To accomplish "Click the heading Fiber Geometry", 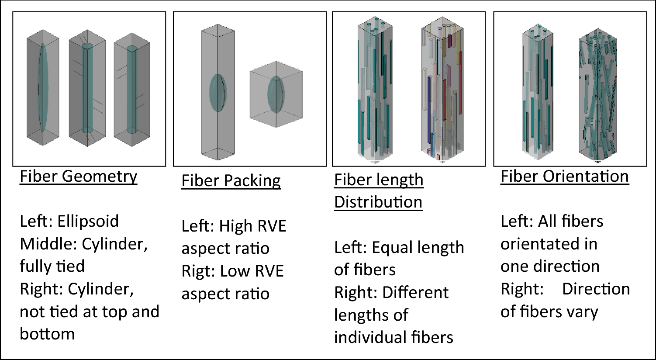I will tap(79, 177).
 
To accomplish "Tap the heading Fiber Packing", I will tap(231, 181).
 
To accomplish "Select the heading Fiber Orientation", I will tap(564, 177).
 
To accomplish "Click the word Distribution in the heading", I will tap(378, 202).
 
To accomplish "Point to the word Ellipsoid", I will tap(88, 221).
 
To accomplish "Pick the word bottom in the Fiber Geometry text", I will tap(47, 334).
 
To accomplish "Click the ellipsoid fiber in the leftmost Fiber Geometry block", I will tap(42, 87).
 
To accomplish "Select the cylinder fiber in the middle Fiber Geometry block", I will tap(88, 87).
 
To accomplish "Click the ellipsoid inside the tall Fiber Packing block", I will tap(217, 93).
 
